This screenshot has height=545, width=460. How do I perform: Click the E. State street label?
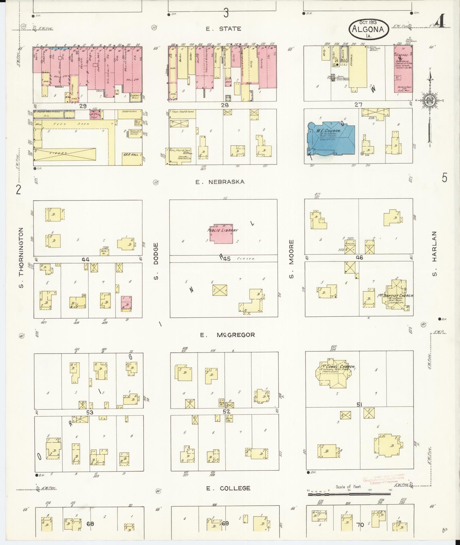tap(224, 29)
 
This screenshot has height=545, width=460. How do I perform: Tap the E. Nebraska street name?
tap(220, 182)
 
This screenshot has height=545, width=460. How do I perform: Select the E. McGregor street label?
tap(227, 335)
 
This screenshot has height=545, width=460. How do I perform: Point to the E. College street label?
tap(228, 488)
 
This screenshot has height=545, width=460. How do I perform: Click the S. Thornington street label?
tap(21, 258)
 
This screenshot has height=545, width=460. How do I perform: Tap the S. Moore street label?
tap(291, 259)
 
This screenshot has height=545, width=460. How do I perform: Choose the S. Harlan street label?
tap(434, 258)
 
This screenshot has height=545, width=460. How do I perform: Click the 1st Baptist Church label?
tap(399, 296)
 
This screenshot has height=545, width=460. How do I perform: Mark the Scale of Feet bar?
tap(350, 494)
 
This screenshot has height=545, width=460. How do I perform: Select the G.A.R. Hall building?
tap(132, 156)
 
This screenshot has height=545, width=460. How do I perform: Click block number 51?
tap(359, 404)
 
